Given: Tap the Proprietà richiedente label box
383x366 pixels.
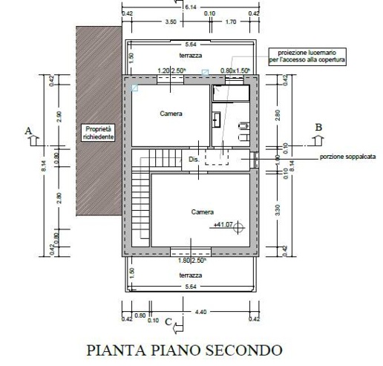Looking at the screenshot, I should [96, 131].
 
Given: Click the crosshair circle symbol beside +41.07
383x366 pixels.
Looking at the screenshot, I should [238, 228].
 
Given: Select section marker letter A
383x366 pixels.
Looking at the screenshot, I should [29, 131].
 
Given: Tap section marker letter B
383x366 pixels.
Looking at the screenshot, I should [319, 127].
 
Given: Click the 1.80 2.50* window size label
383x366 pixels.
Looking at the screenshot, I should [191, 261].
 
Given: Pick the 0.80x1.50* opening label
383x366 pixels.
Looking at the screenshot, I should [235, 71].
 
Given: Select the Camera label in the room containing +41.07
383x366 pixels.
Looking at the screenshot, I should [202, 212].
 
